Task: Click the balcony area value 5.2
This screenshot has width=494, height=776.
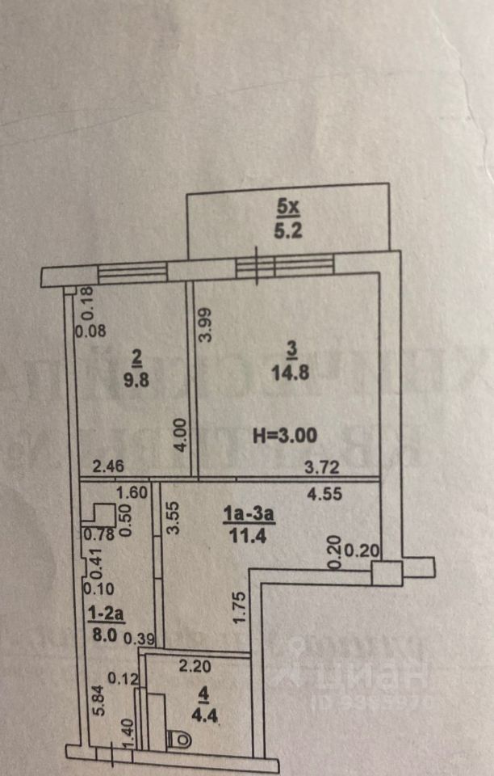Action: click(287, 229)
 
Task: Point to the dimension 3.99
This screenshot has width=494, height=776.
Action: click(206, 325)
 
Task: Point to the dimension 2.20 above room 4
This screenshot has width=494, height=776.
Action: click(195, 667)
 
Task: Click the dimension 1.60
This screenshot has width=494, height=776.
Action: click(132, 491)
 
